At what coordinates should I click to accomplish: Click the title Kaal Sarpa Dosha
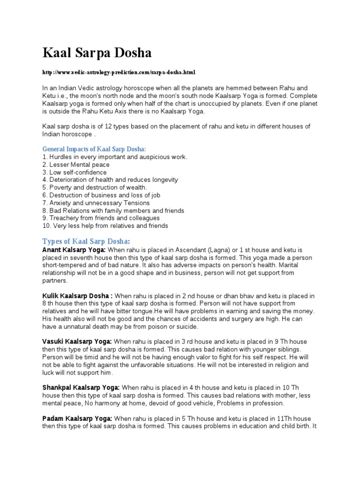point(97,53)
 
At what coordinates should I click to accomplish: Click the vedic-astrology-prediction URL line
point(118,73)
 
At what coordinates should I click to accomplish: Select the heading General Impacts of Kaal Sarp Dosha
point(94,149)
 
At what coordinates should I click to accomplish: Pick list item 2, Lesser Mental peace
point(76,165)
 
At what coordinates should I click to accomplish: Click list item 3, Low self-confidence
point(75,172)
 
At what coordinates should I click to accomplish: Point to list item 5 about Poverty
point(95,187)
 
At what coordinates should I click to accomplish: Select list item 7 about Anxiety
point(96,203)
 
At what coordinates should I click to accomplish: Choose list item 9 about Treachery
point(101,218)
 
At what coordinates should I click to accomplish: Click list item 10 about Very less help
point(105,226)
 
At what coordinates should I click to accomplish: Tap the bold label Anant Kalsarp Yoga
point(74,250)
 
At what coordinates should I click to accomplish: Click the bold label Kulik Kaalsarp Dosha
point(77,296)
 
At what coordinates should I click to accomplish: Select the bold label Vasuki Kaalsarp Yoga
point(77,342)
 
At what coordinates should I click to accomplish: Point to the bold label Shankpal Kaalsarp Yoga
point(81,388)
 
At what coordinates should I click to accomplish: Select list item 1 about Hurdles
point(115,157)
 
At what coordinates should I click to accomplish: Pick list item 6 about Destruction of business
point(103,195)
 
